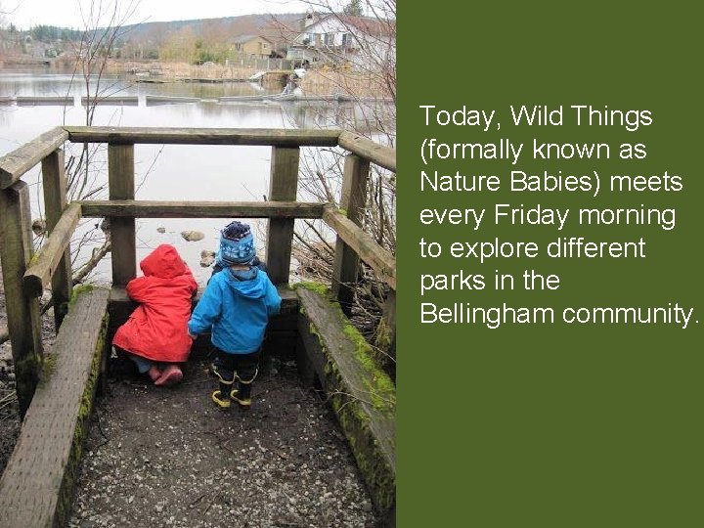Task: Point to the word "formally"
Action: coord(476,151)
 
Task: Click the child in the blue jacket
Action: coord(235,313)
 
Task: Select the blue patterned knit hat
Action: coord(237,243)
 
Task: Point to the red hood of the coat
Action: coord(162,261)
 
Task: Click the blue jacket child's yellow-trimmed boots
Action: coord(233,389)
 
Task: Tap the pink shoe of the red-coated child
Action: coord(168,374)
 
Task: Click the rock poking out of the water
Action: coord(193,236)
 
